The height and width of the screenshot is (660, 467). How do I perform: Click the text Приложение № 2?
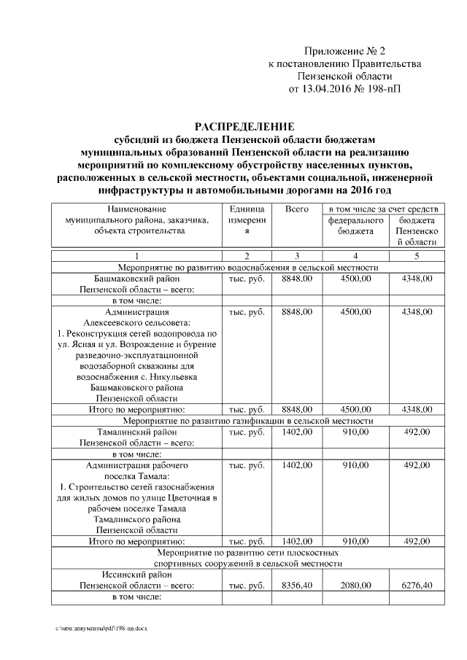[344, 51]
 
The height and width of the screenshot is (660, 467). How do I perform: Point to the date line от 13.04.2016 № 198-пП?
[344, 90]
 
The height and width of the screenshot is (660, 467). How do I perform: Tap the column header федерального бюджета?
[355, 225]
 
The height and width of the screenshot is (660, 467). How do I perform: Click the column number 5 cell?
[417, 256]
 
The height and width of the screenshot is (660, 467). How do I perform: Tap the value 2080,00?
[355, 585]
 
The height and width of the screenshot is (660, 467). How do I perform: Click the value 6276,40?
[417, 585]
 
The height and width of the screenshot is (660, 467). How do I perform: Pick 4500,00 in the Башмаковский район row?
[355, 279]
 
